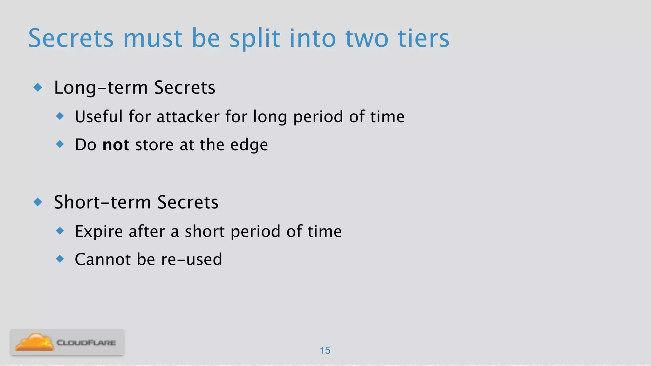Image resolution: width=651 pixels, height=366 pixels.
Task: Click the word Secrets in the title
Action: [x=71, y=38]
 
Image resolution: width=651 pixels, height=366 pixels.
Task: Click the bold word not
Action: [x=116, y=145]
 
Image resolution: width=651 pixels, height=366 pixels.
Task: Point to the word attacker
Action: [x=188, y=117]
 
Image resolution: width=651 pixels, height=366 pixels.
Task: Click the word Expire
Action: [x=99, y=232]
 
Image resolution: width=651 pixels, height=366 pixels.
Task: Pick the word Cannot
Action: [x=103, y=260]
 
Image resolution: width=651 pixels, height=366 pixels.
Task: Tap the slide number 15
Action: [x=325, y=350]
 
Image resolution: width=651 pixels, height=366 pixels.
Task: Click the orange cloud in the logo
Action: [x=34, y=342]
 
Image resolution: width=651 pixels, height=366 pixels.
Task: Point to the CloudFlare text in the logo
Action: [x=86, y=343]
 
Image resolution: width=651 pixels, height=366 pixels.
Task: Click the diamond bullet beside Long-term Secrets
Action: [x=38, y=87]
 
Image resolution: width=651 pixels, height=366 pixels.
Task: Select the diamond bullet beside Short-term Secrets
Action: [x=38, y=202]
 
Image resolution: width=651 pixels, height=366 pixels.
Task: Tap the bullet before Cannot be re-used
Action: [x=60, y=259]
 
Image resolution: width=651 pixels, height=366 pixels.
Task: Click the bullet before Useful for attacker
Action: [x=60, y=116]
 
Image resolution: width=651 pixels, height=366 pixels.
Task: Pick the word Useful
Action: [x=99, y=117]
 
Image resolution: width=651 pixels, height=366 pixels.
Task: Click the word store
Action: [x=154, y=145]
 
